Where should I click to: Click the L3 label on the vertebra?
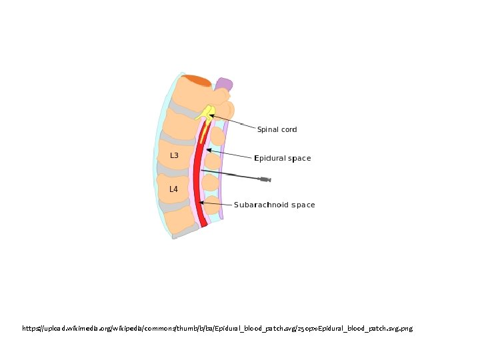coord(174,155)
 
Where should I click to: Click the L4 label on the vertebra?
coord(173,189)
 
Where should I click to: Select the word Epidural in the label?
coord(270,159)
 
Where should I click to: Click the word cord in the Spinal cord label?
coord(289,129)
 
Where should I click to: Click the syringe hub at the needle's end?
coord(265,179)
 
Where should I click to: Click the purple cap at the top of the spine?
coord(224,85)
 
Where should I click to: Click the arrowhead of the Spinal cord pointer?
coord(211,116)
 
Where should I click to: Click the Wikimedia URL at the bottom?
coord(217,329)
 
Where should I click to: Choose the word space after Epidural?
coord(299,159)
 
